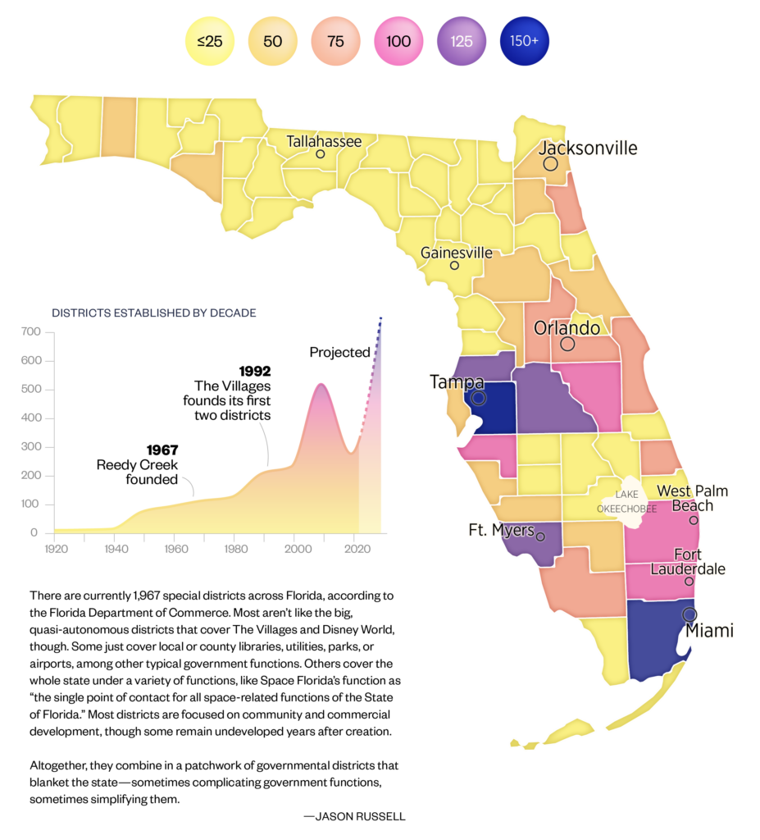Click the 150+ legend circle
[x=525, y=40]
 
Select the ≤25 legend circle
[x=210, y=40]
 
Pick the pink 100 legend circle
[x=398, y=40]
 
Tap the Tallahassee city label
[x=324, y=142]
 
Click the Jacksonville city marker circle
[x=551, y=164]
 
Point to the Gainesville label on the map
[x=457, y=253]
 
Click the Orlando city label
[x=567, y=328]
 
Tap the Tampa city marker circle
[x=479, y=399]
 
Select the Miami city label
[x=709, y=631]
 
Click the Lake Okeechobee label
[x=626, y=501]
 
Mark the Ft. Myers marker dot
[x=540, y=536]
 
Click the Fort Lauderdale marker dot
[x=689, y=582]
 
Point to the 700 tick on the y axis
[x=30, y=332]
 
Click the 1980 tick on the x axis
[x=235, y=547]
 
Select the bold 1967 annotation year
[x=162, y=450]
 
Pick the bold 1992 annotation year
[x=255, y=371]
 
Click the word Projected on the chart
[x=339, y=353]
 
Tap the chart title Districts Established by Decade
[x=154, y=313]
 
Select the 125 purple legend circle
[x=462, y=40]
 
